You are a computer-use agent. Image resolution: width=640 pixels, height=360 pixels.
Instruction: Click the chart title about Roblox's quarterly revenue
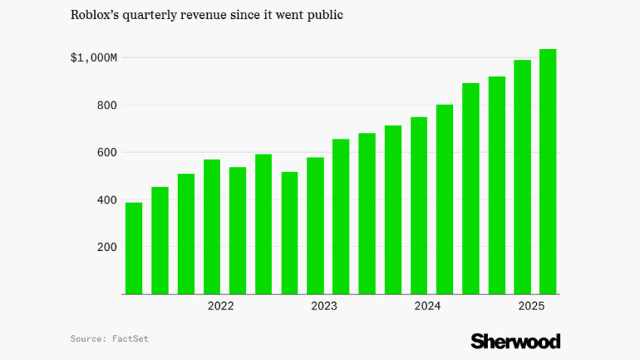[206, 15]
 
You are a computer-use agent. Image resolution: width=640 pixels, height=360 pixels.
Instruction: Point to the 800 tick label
[105, 105]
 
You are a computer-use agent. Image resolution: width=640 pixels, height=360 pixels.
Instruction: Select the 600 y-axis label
[105, 153]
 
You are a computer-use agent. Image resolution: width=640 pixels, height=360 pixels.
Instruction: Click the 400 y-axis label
[105, 200]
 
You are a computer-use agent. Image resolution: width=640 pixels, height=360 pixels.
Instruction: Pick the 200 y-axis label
[105, 247]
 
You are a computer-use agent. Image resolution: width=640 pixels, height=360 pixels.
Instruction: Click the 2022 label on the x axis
[221, 306]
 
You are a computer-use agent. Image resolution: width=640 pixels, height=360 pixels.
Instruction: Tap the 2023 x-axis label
[325, 306]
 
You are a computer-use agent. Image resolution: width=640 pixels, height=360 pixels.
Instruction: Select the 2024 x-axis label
[428, 306]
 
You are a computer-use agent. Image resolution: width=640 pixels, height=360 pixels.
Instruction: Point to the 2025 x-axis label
[532, 306]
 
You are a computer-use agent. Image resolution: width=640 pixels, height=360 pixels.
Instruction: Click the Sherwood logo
[516, 341]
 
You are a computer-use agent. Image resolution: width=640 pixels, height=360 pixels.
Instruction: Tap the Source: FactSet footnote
[109, 339]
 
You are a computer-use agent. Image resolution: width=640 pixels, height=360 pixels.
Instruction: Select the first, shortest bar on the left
[134, 248]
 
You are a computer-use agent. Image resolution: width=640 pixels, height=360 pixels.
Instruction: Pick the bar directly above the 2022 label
[212, 226]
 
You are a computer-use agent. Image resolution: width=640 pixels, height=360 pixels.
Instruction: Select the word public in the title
[324, 15]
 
